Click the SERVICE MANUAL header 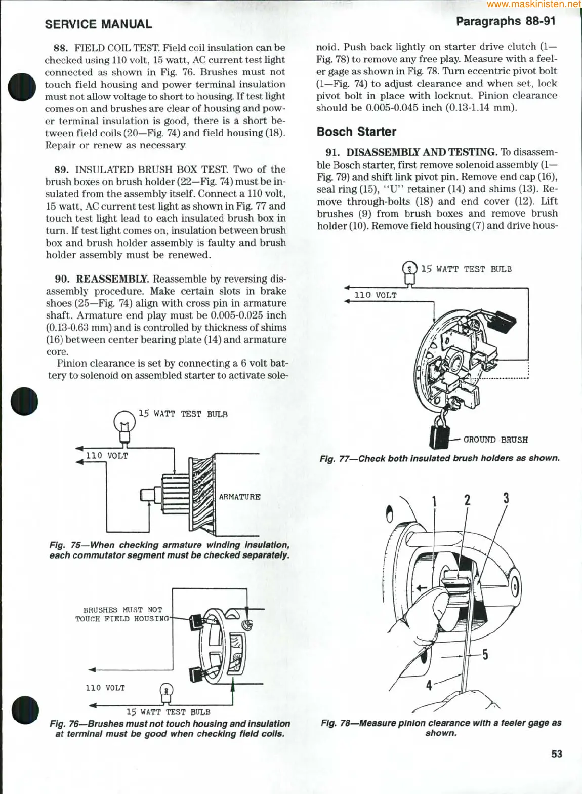(98, 24)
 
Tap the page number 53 (556, 754)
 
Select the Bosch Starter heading (356, 132)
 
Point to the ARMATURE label (239, 497)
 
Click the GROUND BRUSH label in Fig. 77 (495, 440)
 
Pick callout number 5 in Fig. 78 (485, 655)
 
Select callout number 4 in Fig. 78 (429, 686)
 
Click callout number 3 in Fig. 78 (506, 498)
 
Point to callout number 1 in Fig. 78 (434, 501)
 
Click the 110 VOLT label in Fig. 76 (105, 688)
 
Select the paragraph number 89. (61, 170)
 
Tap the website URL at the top (534, 5)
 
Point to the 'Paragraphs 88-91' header (506, 21)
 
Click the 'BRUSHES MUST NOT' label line (122, 610)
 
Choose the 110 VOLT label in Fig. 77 (375, 295)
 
